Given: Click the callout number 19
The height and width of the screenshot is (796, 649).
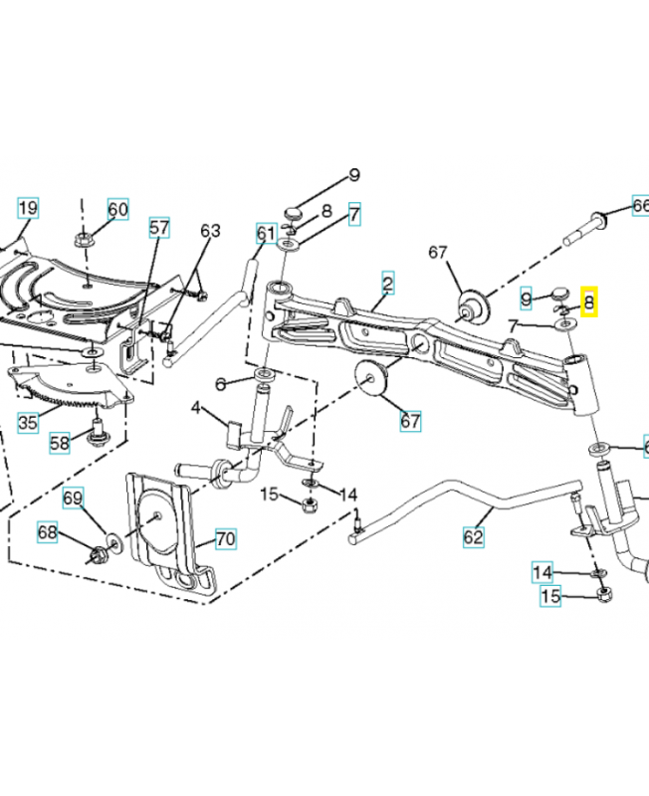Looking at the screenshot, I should (27, 208).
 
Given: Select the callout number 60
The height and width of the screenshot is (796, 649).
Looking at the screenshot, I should (117, 209).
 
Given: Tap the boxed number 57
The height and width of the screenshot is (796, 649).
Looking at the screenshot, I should (159, 228).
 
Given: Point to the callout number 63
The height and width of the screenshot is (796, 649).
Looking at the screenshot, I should (209, 231).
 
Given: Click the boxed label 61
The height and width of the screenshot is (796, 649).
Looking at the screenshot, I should (265, 234).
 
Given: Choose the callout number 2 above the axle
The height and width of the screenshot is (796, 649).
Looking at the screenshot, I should (387, 284).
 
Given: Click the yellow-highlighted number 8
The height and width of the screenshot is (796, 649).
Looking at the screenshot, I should (588, 301).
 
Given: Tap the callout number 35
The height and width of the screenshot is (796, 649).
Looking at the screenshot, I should (27, 422).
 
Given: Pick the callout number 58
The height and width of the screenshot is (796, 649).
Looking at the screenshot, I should (61, 441).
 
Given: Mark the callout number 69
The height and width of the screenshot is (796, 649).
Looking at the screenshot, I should (74, 497).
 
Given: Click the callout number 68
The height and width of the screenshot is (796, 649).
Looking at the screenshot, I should (48, 532).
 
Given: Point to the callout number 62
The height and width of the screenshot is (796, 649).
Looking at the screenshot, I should (473, 536).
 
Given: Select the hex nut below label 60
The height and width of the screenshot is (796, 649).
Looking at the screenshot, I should (84, 240).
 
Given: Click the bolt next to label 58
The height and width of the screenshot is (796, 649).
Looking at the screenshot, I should (98, 431).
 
